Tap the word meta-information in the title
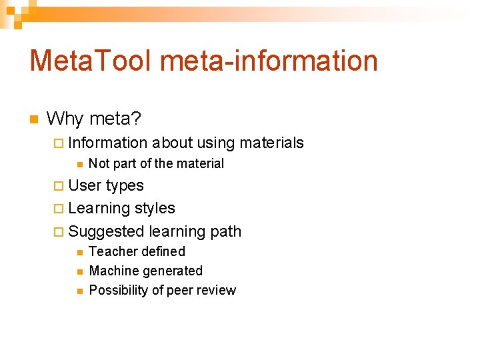pyautogui.click(x=269, y=61)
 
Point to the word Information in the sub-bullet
pyautogui.click(x=107, y=143)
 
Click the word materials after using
pyautogui.click(x=271, y=143)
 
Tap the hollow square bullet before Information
pyautogui.click(x=58, y=143)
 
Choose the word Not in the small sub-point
pyautogui.click(x=99, y=164)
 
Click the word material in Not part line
pyautogui.click(x=200, y=164)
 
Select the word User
pyautogui.click(x=85, y=185)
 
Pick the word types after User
pyautogui.click(x=125, y=186)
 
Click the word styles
pyautogui.click(x=155, y=209)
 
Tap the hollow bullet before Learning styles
pyautogui.click(x=58, y=209)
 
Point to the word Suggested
pyautogui.click(x=106, y=232)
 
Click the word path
pyautogui.click(x=225, y=232)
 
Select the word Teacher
pyautogui.click(x=111, y=252)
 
